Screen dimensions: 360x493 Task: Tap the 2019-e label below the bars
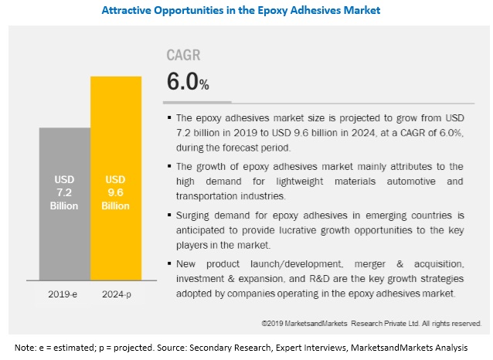(x=64, y=294)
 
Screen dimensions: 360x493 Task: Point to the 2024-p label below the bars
(x=115, y=294)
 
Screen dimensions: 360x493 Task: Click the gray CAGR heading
(x=184, y=56)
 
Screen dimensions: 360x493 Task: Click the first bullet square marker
(x=170, y=119)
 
